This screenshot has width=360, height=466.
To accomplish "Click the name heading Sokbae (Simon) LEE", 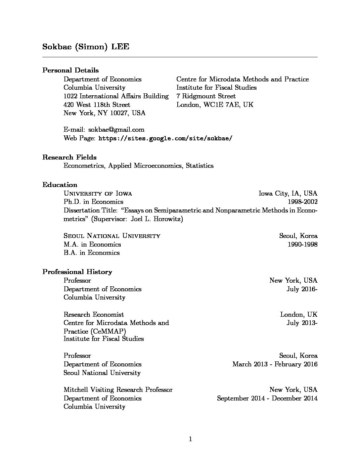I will pos(86,47).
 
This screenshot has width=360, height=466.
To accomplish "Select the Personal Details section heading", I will pos(70,70).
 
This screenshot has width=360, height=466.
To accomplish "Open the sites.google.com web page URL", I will pos(165,138).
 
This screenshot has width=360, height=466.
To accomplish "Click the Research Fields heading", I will pos(69,157).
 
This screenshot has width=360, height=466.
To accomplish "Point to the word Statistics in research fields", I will pos(200,166).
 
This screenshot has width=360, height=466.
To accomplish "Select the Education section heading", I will pos(60,185).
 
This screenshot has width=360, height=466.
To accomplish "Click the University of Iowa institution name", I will pos(98,194).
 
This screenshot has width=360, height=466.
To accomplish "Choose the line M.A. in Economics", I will pos(92,245).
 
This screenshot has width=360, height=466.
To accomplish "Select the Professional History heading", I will pos(77,272).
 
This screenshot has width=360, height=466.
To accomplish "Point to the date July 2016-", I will pos(302,289).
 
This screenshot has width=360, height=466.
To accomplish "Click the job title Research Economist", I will pos(94,314).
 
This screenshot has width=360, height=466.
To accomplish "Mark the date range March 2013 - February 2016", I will pos(275,364).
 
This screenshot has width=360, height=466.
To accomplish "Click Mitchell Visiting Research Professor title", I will pos(118,390).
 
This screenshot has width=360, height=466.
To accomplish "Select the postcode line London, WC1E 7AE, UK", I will pos(215,105).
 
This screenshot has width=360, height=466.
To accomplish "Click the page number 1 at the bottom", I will pos(190,439).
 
